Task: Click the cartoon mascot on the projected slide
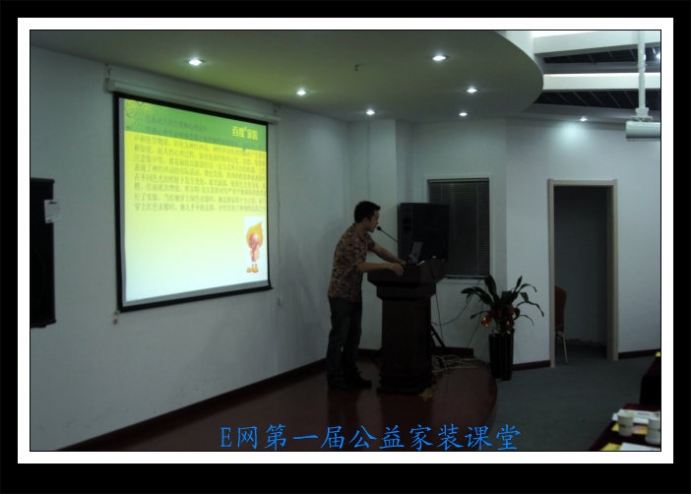253,245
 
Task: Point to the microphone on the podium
385,234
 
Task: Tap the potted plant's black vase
501,355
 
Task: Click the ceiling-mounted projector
642,127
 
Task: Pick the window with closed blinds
459,227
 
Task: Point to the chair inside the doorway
561,315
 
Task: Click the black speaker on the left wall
42,252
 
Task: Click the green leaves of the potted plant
502,300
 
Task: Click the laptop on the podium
414,253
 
